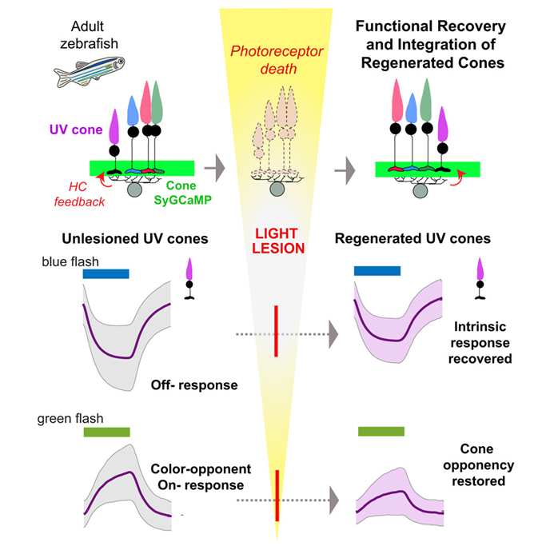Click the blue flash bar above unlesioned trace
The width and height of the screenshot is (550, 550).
[106, 273]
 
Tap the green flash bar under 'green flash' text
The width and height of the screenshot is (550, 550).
[106, 432]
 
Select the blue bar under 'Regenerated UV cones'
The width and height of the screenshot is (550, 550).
[377, 271]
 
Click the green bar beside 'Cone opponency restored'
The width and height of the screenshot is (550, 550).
[381, 432]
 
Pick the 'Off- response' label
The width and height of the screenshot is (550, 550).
[194, 385]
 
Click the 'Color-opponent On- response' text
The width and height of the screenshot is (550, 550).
[196, 476]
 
